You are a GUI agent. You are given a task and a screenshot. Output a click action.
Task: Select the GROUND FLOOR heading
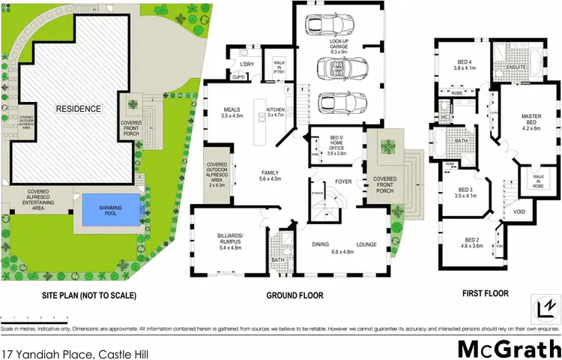[x=295, y=295]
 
